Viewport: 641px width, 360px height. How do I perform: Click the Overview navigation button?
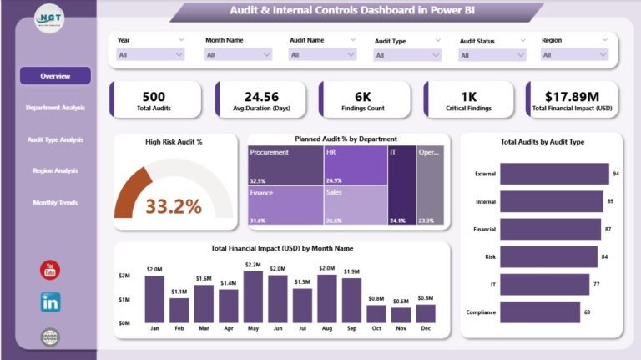point(55,76)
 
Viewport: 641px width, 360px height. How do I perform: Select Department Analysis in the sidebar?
point(55,108)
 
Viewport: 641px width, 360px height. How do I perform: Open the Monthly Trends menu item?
point(55,203)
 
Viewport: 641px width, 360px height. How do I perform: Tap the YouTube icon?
point(50,270)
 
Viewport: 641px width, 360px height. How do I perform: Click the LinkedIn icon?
point(50,302)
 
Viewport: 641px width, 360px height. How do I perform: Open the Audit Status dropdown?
point(492,55)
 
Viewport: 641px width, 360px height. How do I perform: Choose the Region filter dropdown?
point(576,55)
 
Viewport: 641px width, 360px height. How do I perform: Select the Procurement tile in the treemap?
point(285,165)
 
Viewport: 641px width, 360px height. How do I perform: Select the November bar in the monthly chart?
point(401,315)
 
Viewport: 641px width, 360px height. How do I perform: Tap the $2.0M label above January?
point(154,270)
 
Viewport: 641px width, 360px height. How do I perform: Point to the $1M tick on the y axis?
point(124,299)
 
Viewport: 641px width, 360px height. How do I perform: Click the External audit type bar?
point(554,174)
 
